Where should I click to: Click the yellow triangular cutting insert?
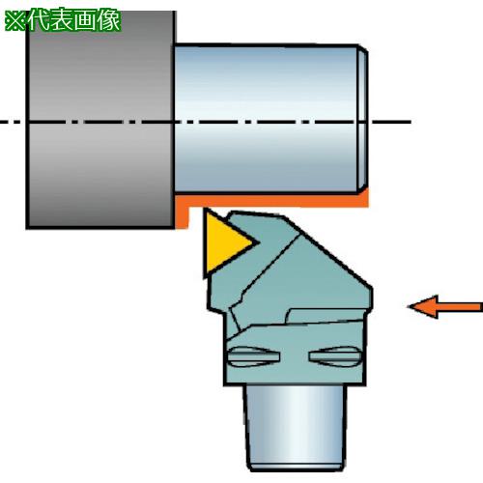coord(224,242)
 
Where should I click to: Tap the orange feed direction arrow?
coord(445,307)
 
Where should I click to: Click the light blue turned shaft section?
coord(268,119)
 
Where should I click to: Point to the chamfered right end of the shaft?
coord(363,119)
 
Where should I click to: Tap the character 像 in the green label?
coord(109,20)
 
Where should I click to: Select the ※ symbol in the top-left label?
coord(15,21)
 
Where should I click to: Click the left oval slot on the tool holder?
coord(254,356)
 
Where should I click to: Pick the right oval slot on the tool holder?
coord(335,356)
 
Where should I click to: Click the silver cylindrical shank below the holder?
coord(296,428)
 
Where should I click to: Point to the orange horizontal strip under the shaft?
coord(272,201)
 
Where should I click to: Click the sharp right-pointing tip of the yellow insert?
coord(259,242)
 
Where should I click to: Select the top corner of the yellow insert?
coord(205,210)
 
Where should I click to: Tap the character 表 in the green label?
coord(63,20)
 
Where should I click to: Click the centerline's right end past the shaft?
coord(412,122)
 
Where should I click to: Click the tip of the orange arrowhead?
coord(409,307)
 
